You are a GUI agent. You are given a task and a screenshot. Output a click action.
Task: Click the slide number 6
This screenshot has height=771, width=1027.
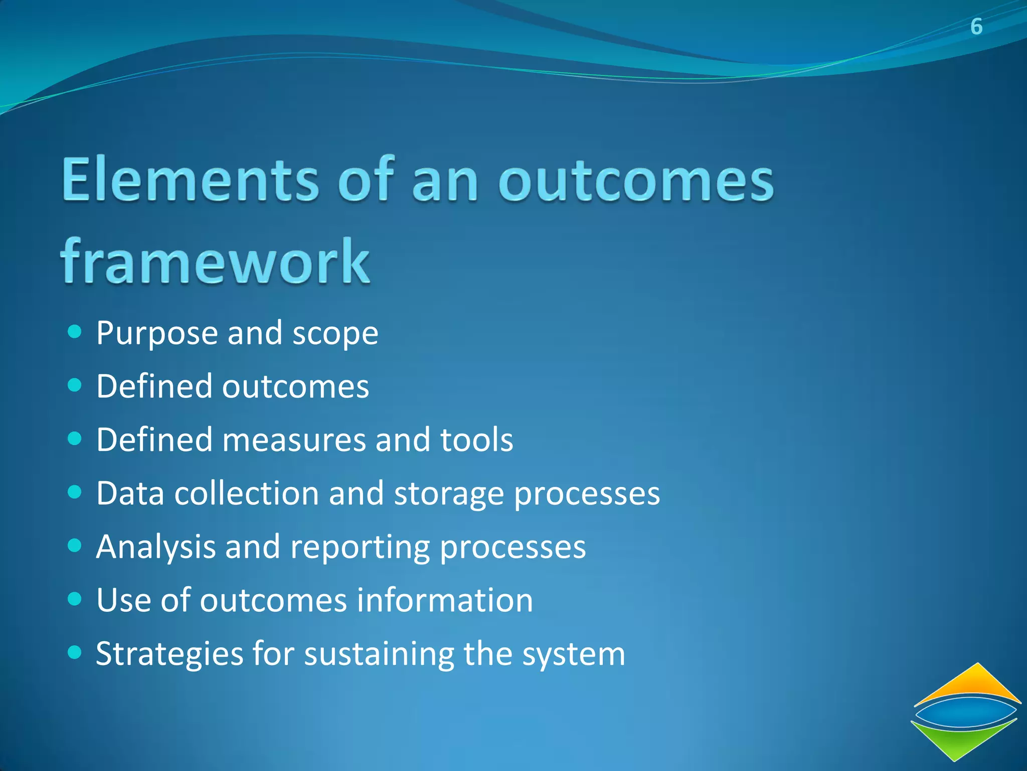(976, 27)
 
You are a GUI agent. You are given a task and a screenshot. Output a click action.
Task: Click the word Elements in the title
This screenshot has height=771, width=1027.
(190, 180)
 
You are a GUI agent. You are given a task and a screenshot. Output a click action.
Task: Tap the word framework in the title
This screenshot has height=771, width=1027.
(215, 262)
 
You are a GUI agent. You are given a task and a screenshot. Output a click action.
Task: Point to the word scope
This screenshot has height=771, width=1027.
(335, 334)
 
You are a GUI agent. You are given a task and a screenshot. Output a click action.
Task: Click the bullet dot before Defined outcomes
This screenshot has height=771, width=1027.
(74, 385)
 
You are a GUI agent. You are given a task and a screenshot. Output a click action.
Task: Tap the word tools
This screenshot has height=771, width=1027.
(476, 440)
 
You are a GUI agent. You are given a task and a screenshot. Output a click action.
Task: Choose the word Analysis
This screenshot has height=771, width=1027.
(155, 547)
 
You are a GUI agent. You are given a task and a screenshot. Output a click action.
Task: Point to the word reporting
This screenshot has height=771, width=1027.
(360, 547)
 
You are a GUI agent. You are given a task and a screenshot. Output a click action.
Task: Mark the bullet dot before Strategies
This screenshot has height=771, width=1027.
(74, 652)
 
